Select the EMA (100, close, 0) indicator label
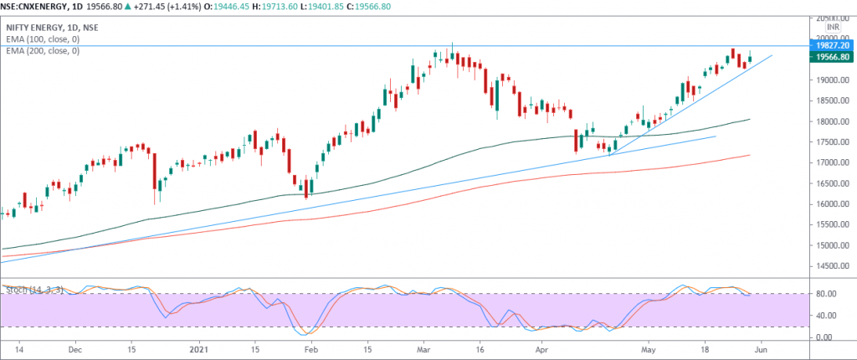(x=43, y=39)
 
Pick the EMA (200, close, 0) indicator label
(x=43, y=50)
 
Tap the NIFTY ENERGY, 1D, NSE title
(x=52, y=27)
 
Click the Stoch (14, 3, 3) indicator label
(x=33, y=290)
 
